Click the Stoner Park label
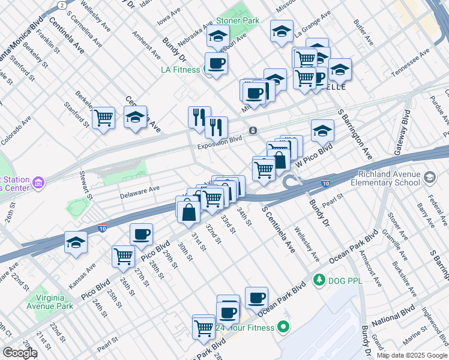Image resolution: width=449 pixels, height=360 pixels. pyautogui.click(x=238, y=20)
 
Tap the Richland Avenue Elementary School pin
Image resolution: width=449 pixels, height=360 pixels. pyautogui.click(x=430, y=178)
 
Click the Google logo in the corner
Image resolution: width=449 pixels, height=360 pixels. pyautogui.click(x=19, y=353)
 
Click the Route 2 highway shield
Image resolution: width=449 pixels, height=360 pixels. pyautogui.click(x=62, y=5)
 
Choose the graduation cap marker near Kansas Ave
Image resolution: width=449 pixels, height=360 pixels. pyautogui.click(x=77, y=242)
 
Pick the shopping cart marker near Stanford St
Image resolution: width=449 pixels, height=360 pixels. pyautogui.click(x=104, y=117)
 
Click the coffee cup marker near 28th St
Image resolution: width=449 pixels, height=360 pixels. pyautogui.click(x=141, y=234)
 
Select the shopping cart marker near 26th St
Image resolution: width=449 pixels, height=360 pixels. pyautogui.click(x=123, y=256)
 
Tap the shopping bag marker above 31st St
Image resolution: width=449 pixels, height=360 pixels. pyautogui.click(x=188, y=211)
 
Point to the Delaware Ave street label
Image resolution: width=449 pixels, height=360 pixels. pyautogui.click(x=139, y=188)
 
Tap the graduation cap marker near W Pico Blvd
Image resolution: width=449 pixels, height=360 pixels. pyautogui.click(x=322, y=130)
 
